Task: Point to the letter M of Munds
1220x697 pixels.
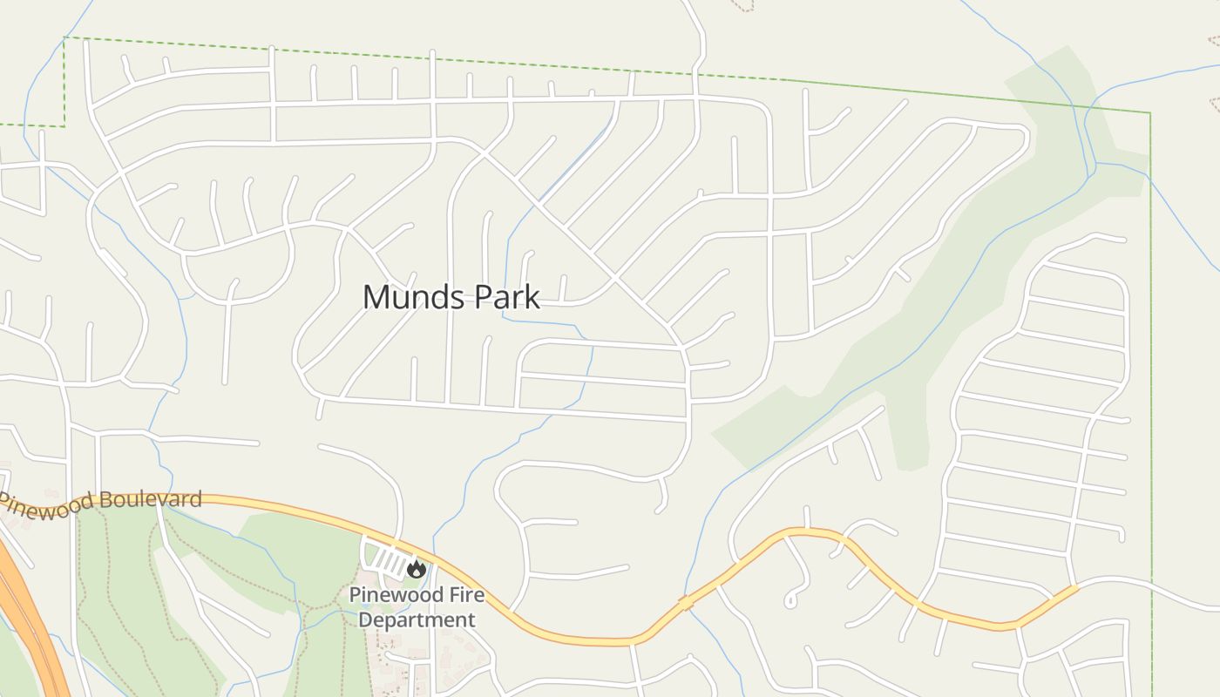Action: coord(375,297)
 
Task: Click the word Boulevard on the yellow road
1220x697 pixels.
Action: coord(151,500)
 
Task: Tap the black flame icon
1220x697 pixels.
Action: coord(417,569)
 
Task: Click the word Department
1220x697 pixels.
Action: coord(417,620)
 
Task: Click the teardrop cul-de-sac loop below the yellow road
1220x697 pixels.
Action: coord(790,599)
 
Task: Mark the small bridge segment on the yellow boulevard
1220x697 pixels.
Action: coord(687,602)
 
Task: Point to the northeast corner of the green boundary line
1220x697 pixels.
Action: coord(1149,113)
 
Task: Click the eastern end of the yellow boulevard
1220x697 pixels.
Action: coord(1074,589)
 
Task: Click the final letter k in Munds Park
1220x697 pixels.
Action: coord(532,297)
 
